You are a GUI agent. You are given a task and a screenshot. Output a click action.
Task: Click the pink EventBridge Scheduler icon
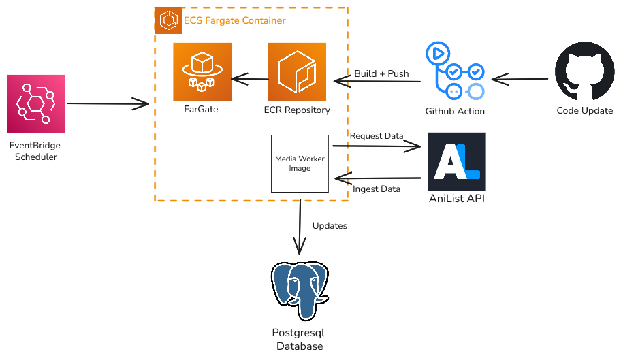(x=35, y=103)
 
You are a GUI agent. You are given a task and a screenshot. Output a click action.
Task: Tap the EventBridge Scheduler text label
(x=35, y=151)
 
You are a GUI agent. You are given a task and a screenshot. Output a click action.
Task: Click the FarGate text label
(x=201, y=109)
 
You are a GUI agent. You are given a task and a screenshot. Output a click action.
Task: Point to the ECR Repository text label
(x=297, y=110)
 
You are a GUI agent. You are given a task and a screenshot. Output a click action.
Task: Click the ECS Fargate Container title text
(x=235, y=20)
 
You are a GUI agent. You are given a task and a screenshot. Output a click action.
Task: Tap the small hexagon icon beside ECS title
(x=168, y=20)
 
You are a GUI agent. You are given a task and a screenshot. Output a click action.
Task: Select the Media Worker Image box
(x=300, y=163)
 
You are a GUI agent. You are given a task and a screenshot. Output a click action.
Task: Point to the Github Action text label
(x=455, y=111)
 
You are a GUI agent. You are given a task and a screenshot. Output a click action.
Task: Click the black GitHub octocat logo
(x=584, y=71)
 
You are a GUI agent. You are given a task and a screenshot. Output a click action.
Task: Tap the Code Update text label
(x=584, y=111)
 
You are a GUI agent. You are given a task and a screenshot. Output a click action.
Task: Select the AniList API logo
(x=456, y=161)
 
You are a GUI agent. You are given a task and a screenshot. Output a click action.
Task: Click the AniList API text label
(x=456, y=199)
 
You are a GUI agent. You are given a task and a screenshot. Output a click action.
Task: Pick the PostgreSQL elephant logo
(x=300, y=291)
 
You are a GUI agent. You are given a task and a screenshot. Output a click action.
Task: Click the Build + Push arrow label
(x=381, y=73)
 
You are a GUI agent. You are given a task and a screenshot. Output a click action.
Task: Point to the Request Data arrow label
(x=376, y=136)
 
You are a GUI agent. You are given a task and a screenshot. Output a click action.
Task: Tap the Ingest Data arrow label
(x=377, y=189)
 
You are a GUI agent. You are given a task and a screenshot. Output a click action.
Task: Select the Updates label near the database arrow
(x=330, y=225)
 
